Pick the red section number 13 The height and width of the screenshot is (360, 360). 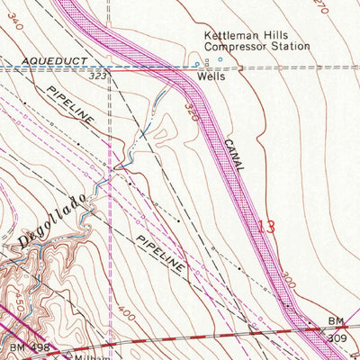(266, 226)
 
